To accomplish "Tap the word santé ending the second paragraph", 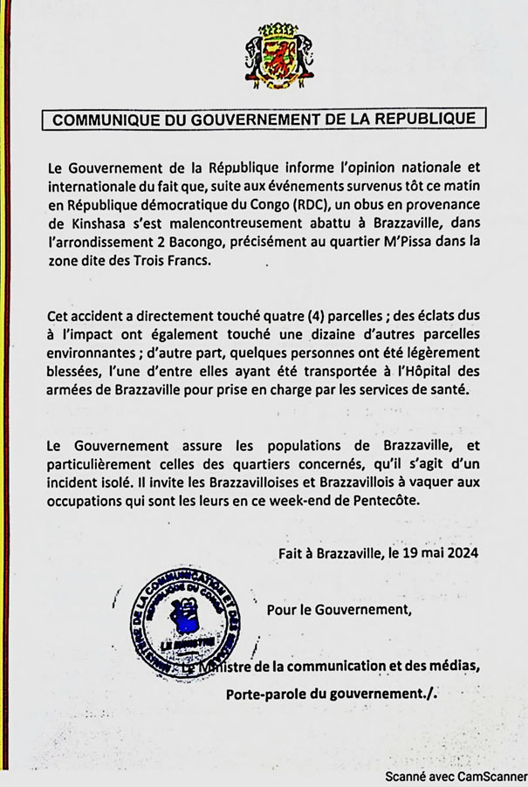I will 443,388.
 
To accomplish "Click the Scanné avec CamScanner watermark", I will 456,775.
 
